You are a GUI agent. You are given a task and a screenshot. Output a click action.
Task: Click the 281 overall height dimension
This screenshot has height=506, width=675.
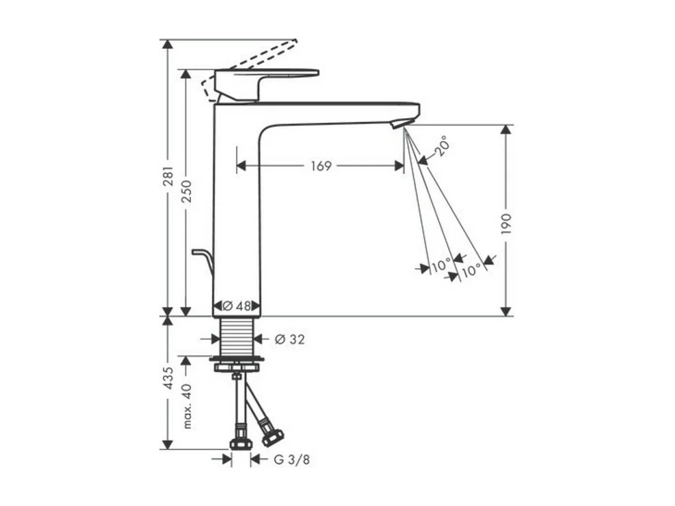(x=168, y=177)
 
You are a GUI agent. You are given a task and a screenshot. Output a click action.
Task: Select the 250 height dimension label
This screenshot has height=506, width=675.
(x=186, y=191)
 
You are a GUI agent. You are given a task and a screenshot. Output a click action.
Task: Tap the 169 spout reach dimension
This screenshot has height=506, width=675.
(x=320, y=166)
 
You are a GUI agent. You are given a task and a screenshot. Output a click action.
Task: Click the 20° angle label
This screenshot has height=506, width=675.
(x=441, y=145)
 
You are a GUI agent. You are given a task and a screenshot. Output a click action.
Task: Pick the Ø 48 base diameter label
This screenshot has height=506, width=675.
(x=237, y=306)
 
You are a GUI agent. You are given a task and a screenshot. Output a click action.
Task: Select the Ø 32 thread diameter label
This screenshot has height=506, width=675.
(x=289, y=339)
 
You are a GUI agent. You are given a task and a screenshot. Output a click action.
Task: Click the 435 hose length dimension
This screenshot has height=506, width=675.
(x=168, y=378)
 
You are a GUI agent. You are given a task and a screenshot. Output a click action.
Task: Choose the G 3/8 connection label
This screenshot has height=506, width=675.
(x=292, y=459)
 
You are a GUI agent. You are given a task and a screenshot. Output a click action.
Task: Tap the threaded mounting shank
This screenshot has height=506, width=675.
(x=237, y=335)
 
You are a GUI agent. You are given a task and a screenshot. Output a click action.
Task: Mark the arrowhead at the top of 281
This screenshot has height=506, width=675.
(x=168, y=44)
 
